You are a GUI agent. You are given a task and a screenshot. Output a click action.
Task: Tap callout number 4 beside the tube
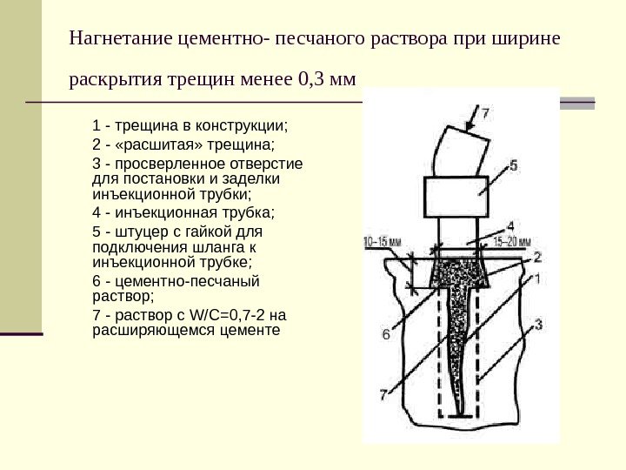tap(510, 223)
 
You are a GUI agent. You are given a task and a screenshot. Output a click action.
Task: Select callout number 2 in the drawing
tap(537, 258)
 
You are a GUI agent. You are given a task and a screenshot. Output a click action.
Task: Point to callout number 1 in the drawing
tap(536, 279)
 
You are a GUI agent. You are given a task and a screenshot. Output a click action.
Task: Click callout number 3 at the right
tap(538, 325)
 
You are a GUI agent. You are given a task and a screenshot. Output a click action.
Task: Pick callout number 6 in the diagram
tap(385, 332)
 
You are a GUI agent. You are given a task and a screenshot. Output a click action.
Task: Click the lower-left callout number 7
tap(384, 393)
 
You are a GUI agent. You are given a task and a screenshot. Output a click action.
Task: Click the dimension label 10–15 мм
tap(383, 243)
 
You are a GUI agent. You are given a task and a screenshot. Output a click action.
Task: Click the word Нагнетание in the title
tap(120, 40)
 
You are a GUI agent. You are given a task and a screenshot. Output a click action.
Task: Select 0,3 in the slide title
tap(310, 82)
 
